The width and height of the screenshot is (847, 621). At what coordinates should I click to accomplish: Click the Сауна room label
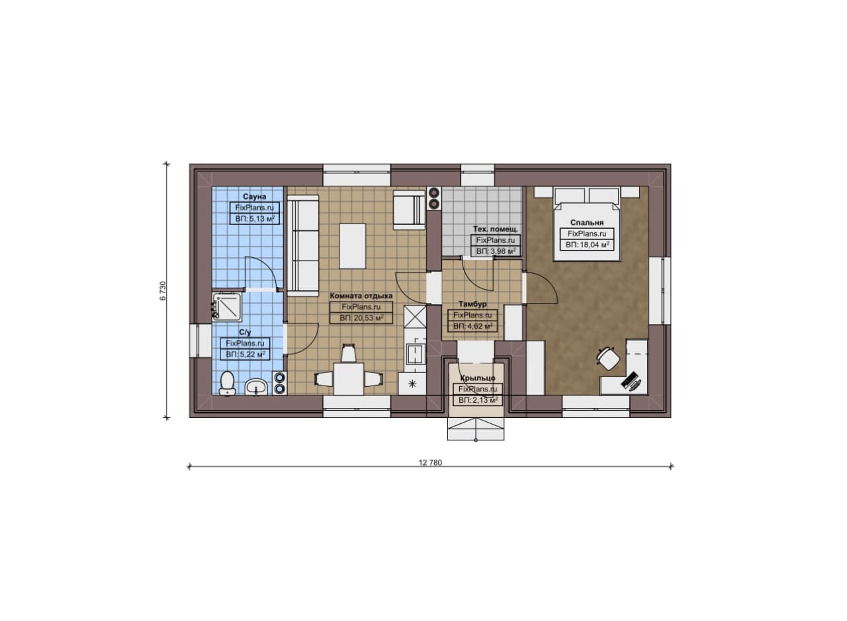coord(254,196)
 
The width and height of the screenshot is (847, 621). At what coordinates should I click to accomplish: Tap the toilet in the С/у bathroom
coord(227,384)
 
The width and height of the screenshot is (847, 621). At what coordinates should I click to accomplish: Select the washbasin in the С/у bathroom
coord(256,388)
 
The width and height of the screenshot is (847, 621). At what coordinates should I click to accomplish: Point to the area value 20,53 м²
coord(361,318)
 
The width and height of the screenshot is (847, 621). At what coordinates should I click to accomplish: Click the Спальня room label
coord(586,223)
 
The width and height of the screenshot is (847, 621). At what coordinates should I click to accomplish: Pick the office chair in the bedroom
coord(608,358)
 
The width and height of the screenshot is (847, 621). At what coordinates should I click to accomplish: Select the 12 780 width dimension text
coord(430,463)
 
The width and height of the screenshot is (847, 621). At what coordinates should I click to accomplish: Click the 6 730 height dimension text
coord(163,290)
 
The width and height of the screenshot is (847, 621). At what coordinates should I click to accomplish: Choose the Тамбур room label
coord(472,304)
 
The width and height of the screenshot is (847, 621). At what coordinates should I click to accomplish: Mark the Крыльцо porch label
coord(478,378)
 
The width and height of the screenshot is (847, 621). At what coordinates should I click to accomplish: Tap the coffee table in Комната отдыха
coord(353,246)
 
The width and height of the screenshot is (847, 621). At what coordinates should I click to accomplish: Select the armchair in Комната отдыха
coord(410,210)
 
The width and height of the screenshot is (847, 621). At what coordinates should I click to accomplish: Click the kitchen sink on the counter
coord(415,353)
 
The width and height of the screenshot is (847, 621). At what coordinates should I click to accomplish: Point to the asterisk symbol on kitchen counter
coord(412,384)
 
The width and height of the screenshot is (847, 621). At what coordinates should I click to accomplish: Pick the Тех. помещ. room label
coord(496,229)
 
